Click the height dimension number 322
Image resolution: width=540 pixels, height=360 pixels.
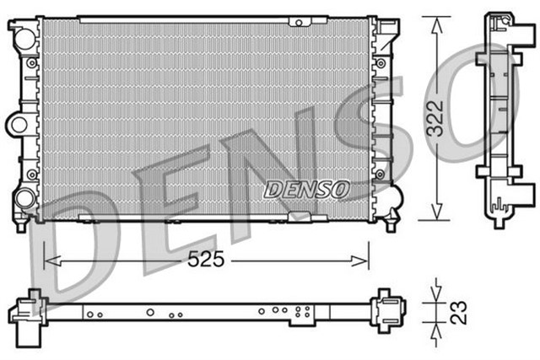(x=456, y=121)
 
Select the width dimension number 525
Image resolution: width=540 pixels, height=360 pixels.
(x=207, y=261)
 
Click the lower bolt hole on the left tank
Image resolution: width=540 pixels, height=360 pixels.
(x=32, y=174)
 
